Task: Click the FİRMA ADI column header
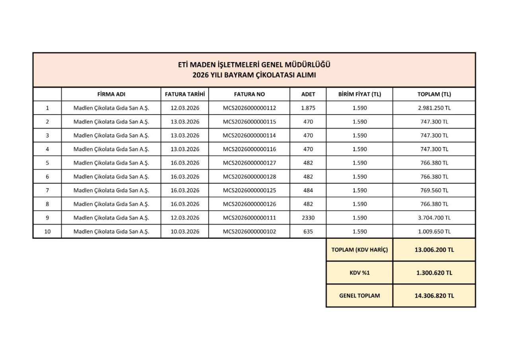click(x=111, y=94)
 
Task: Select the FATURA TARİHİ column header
click(x=185, y=94)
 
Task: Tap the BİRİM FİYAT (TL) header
click(x=359, y=94)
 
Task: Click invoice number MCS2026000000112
click(x=249, y=108)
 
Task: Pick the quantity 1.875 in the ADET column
click(x=308, y=108)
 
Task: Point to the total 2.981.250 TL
click(x=434, y=108)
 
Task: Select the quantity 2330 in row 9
click(x=308, y=218)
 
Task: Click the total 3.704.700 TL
click(x=434, y=218)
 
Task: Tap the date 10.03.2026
click(x=185, y=232)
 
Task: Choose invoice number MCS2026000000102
click(x=249, y=232)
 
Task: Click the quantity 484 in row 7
click(x=308, y=190)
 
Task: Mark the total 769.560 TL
click(x=434, y=190)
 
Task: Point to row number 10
click(x=47, y=232)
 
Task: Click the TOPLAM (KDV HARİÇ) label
click(x=359, y=250)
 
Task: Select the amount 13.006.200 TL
click(x=434, y=250)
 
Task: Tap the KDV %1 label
click(x=359, y=273)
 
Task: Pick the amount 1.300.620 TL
click(x=434, y=273)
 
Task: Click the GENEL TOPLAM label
click(x=359, y=296)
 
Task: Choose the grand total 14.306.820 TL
click(x=434, y=296)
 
